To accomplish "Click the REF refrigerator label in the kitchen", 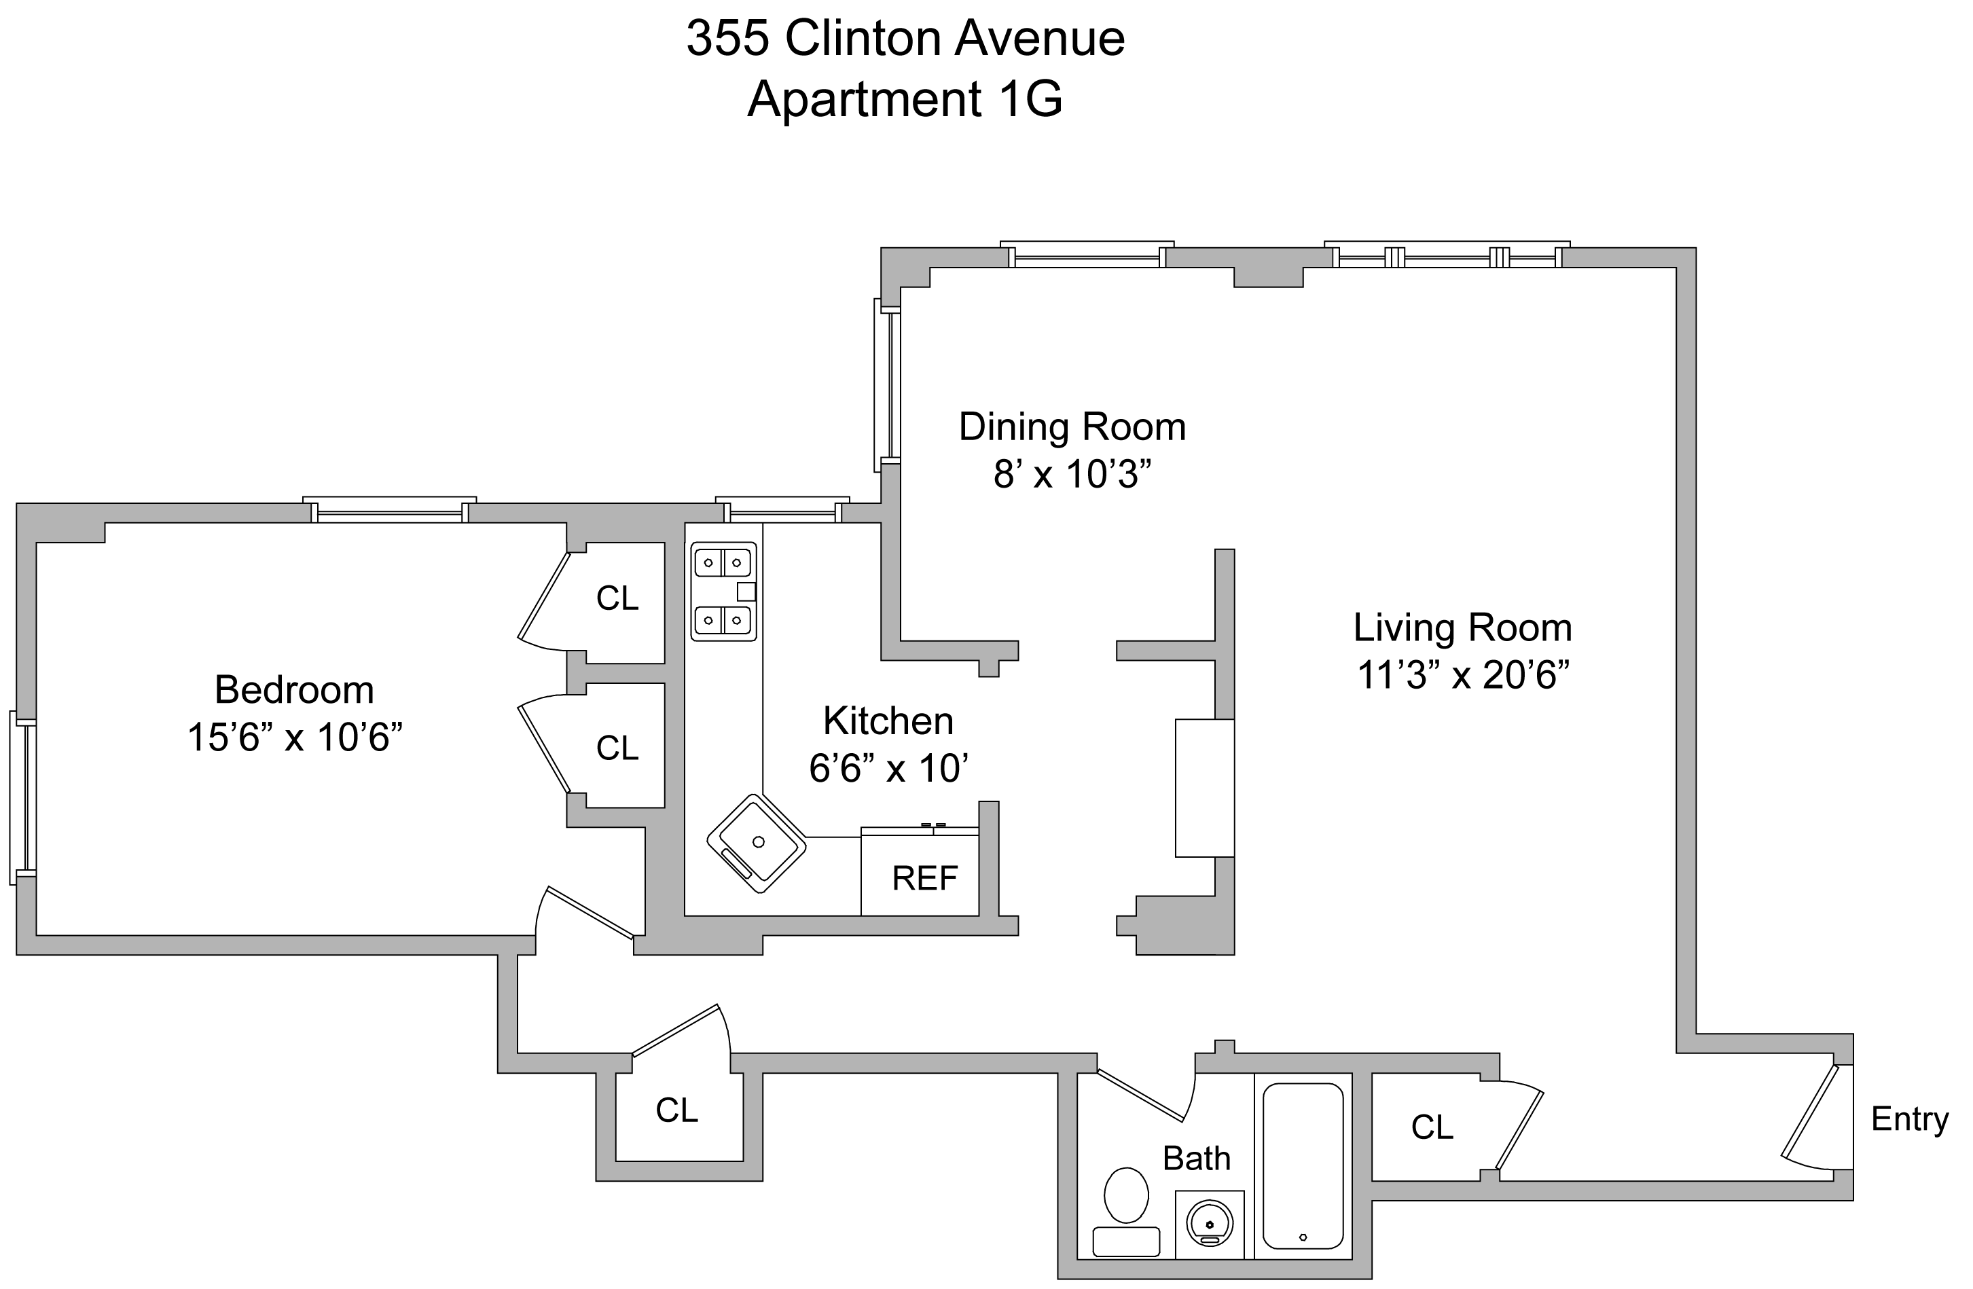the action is point(924,879).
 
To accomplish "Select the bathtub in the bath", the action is point(1303,1166).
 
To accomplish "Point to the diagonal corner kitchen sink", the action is point(756,843).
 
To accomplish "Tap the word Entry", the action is point(1909,1119).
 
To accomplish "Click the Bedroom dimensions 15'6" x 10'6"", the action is point(295,738).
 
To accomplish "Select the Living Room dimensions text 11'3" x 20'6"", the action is point(1463,676).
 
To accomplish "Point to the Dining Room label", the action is point(1072,427).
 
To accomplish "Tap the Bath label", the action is point(1196,1158).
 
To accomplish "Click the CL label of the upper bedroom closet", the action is point(617,598).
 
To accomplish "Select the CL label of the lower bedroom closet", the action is point(617,748).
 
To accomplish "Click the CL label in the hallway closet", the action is point(676,1110).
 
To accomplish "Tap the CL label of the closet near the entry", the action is point(1432,1127).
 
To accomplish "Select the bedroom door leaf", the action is point(590,913).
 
